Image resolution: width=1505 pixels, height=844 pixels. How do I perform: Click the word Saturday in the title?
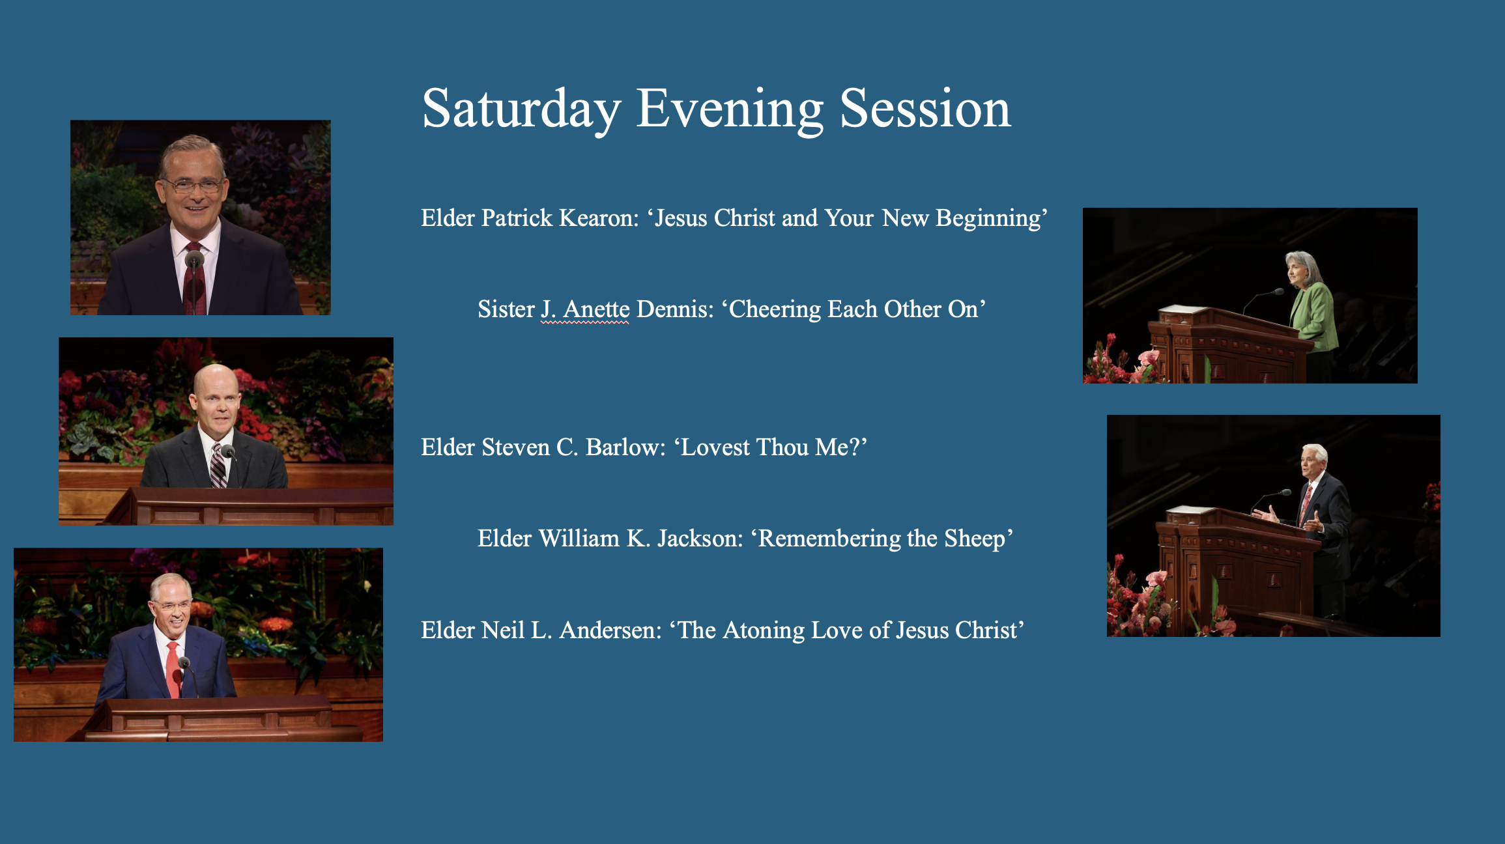point(521,109)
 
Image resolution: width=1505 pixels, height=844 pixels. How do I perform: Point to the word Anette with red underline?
point(596,309)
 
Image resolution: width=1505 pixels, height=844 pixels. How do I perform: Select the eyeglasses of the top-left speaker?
point(193,185)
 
